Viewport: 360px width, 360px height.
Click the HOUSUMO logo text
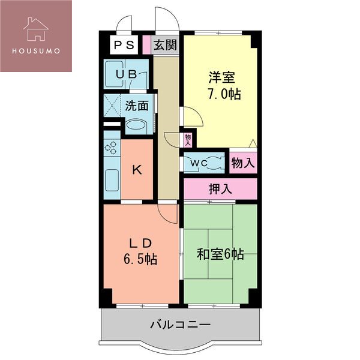[35, 50]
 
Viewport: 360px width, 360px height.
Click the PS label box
[124, 45]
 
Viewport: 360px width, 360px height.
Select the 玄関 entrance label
[164, 45]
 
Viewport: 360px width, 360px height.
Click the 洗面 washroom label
[137, 106]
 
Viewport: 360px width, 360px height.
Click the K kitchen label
[137, 170]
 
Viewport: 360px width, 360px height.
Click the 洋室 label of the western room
[221, 78]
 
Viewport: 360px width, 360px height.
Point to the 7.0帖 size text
[224, 94]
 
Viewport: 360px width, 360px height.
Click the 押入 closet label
[220, 189]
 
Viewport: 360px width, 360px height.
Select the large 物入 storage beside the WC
[243, 162]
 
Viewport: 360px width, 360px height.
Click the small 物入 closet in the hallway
[188, 140]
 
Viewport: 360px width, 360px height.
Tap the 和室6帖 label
[220, 254]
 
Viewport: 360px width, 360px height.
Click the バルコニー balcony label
[180, 325]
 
